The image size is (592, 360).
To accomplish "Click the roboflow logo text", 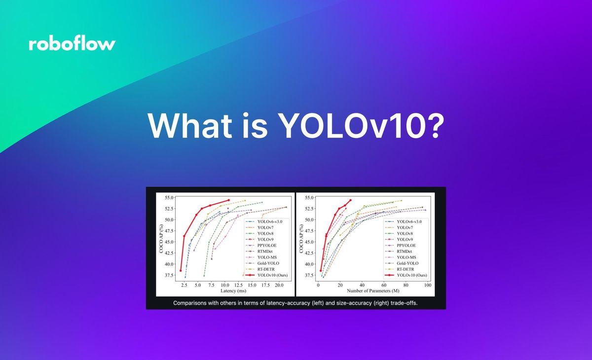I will point(72,44).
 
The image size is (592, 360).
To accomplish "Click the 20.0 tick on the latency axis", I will point(278,286).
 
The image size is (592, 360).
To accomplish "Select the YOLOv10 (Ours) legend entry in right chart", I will point(411,275).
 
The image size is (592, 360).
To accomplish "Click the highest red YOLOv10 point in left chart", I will point(228,200).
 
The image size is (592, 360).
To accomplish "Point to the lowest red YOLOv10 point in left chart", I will point(181,270).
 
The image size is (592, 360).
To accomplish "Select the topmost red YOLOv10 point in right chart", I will point(350,200).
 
